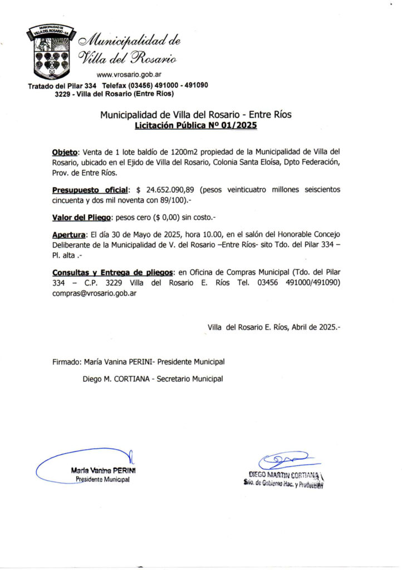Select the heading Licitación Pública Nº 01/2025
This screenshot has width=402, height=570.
click(x=195, y=126)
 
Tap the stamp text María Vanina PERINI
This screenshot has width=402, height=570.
click(x=103, y=470)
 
